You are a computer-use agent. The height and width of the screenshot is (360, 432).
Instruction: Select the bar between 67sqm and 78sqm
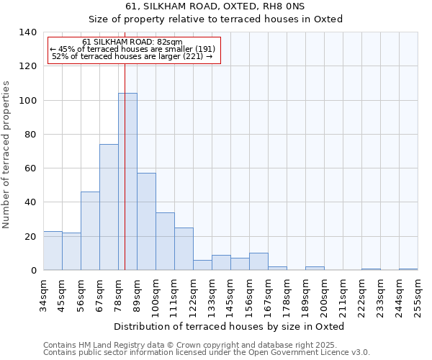tap(109, 207)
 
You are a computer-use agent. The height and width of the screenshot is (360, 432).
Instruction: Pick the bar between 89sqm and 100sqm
tap(146, 222)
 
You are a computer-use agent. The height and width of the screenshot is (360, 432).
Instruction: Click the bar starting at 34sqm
tap(53, 251)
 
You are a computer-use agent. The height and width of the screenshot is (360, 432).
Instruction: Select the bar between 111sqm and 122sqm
tap(184, 249)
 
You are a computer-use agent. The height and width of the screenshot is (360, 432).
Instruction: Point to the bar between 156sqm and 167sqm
tap(258, 262)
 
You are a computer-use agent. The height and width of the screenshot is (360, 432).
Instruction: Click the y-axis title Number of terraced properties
tap(7, 154)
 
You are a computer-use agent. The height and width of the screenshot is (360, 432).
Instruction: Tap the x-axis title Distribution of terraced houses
tap(229, 326)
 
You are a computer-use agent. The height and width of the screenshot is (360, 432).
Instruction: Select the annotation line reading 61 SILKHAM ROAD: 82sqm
tap(132, 42)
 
